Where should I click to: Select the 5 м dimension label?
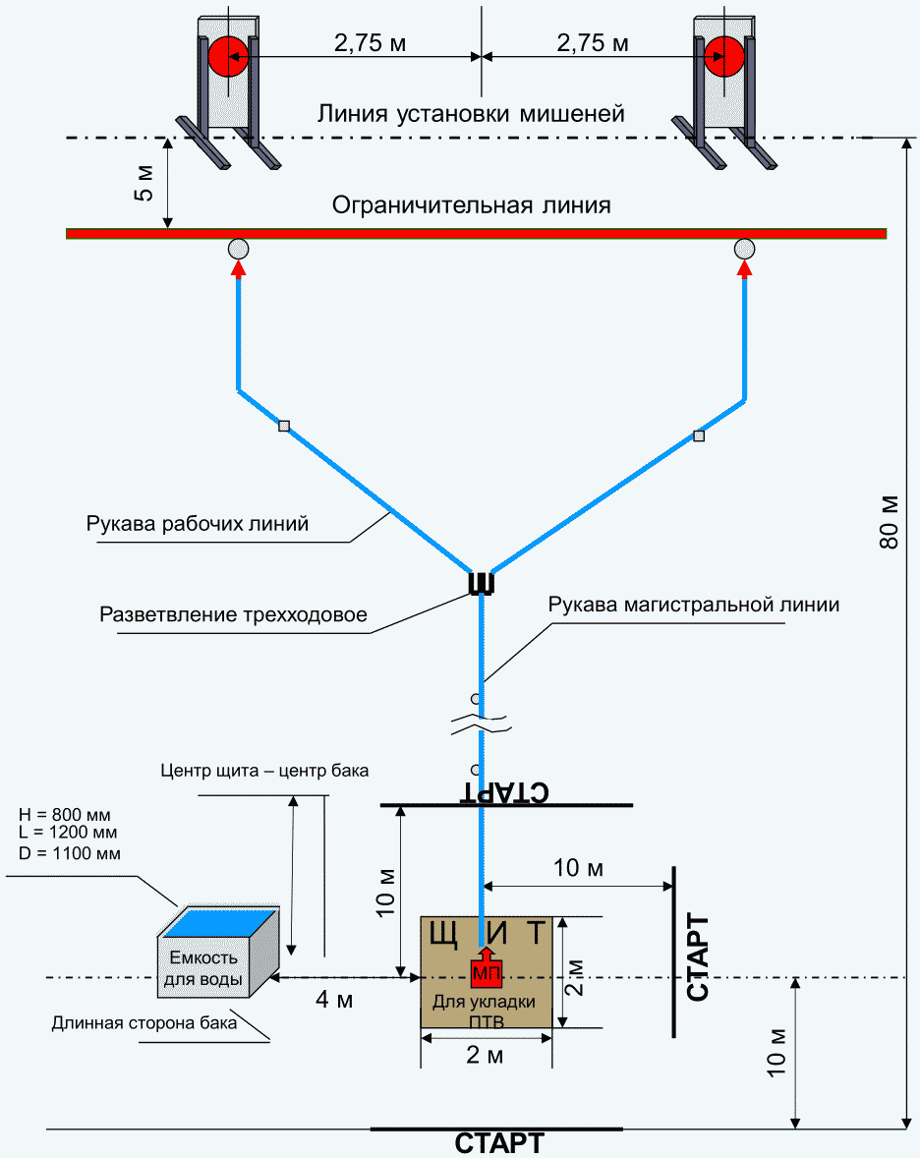pos(144,182)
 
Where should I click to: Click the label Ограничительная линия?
pos(472,205)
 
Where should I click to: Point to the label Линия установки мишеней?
pos(471,113)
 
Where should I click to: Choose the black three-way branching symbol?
pos(481,584)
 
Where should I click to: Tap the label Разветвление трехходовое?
pos(233,615)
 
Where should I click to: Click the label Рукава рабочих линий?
pos(198,524)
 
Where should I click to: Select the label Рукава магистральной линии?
pos(694,605)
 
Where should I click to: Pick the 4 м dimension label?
pos(335,1000)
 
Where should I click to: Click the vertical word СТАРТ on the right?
pos(699,957)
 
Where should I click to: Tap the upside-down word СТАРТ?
pos(504,793)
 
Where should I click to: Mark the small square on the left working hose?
pos(284,427)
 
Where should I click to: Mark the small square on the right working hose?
pos(699,435)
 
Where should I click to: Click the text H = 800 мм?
pos(65,815)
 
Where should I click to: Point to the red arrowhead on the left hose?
pos(239,268)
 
